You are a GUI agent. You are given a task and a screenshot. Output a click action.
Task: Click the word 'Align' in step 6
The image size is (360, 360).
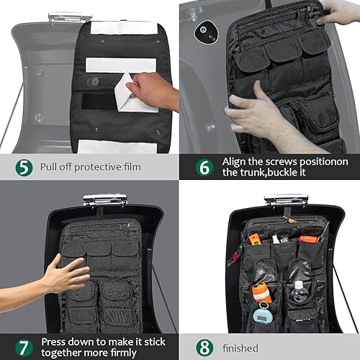[x=238, y=161]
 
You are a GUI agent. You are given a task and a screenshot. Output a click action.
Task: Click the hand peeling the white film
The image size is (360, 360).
[x=155, y=90]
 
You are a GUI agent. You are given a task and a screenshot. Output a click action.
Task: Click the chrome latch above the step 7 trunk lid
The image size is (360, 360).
[x=104, y=198]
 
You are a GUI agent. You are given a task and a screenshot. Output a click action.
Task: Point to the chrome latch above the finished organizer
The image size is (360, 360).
[x=286, y=198]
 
